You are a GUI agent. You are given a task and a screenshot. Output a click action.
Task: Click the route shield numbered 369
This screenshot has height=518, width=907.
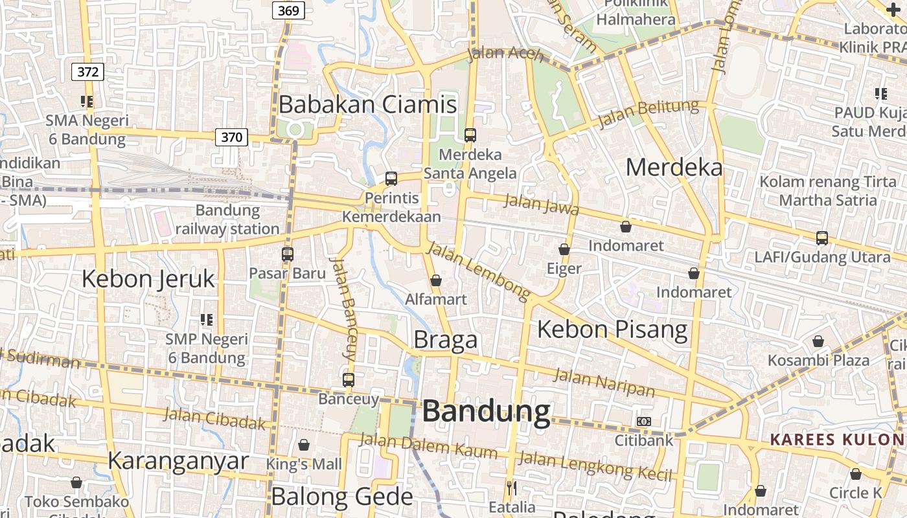pos(288,10)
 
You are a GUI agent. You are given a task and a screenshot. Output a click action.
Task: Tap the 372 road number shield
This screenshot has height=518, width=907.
pos(87,71)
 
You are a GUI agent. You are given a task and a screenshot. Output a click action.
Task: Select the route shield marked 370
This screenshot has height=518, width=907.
pos(231,137)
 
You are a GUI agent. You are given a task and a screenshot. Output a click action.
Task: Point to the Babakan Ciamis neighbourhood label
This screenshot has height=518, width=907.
pos(367,104)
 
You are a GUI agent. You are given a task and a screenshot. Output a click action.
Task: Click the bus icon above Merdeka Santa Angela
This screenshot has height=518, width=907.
pos(470,135)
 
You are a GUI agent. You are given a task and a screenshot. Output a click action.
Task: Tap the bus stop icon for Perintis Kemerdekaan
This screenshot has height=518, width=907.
pos(391,179)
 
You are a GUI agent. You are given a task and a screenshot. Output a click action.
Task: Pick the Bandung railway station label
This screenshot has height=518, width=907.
pos(227,220)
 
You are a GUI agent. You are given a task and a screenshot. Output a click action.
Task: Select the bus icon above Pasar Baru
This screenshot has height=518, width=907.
pos(288,254)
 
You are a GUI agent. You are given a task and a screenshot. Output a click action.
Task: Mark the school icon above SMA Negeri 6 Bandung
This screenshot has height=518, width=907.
pos(87,101)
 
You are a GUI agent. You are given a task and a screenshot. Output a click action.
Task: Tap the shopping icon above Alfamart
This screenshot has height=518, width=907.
pos(436,280)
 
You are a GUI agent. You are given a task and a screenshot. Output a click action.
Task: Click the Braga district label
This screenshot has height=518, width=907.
pos(445,339)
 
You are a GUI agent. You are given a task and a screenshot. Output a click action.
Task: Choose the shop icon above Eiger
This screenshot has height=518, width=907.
pos(564,249)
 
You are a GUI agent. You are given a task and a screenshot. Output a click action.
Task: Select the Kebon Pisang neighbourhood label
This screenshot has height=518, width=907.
pos(612,329)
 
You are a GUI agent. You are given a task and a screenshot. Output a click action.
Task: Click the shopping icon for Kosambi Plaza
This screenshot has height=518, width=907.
pos(818,341)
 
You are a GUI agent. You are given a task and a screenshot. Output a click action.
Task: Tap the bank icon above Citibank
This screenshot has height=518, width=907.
pos(643,422)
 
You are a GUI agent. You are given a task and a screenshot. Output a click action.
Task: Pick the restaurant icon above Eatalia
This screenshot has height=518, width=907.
pos(512,488)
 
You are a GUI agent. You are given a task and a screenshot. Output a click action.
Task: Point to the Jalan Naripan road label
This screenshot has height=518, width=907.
pos(604,381)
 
